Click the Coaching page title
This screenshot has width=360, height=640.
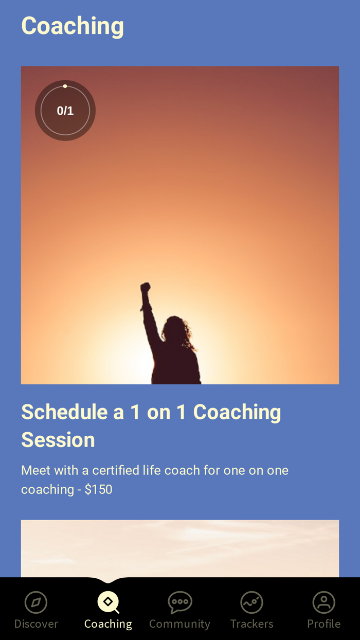[x=73, y=26]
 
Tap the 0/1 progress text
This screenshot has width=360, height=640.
[x=65, y=111]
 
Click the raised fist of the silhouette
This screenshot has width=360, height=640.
[x=146, y=288]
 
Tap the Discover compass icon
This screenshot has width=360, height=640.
[x=36, y=602]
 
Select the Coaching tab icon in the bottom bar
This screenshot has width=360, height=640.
[x=108, y=602]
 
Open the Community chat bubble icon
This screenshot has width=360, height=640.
[x=179, y=602]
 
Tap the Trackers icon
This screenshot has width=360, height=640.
[x=251, y=602]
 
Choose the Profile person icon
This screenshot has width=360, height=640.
[x=323, y=602]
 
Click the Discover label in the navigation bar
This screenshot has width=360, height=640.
[x=36, y=624]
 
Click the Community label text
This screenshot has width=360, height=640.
[x=179, y=624]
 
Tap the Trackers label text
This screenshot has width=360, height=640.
[x=251, y=624]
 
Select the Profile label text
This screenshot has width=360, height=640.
[x=323, y=624]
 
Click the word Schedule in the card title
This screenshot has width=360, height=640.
[x=64, y=412]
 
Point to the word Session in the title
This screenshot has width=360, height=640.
[x=58, y=440]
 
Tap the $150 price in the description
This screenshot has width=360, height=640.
[x=98, y=489]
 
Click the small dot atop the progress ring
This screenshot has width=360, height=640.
[x=65, y=86]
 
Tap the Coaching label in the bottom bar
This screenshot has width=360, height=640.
[x=108, y=624]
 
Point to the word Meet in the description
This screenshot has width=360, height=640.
[x=35, y=470]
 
